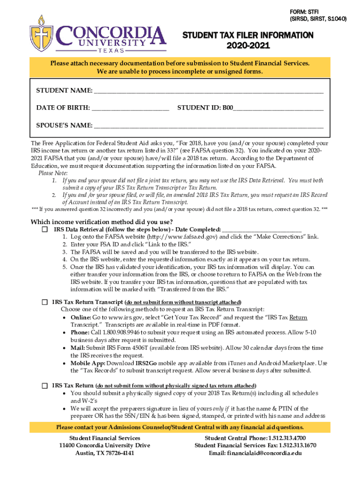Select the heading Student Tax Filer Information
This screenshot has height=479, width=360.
click(x=248, y=36)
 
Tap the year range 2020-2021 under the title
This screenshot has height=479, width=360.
click(x=248, y=46)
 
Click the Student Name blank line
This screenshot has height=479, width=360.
click(x=208, y=90)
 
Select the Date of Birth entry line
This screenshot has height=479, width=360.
click(x=130, y=108)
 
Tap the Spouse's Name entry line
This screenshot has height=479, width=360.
click(x=208, y=125)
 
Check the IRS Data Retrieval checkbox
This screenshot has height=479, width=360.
click(x=44, y=230)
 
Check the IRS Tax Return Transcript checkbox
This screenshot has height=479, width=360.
click(x=44, y=302)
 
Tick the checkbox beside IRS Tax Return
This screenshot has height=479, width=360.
click(x=44, y=386)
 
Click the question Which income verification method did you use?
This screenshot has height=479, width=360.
click(x=101, y=222)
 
